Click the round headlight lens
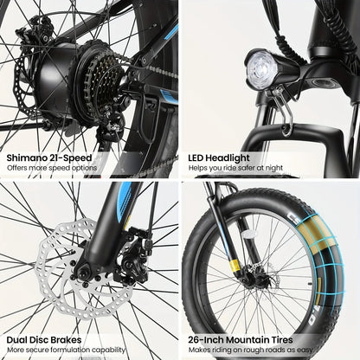(261, 66)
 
